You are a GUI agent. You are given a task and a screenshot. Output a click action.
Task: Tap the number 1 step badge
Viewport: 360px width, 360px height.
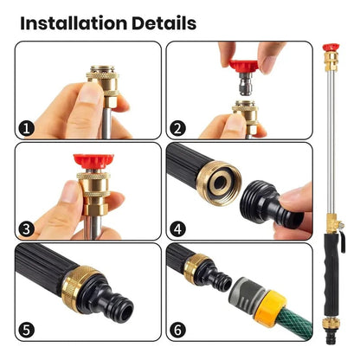point(28,128)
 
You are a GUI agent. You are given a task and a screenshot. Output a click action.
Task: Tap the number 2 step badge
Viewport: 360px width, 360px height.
point(178,128)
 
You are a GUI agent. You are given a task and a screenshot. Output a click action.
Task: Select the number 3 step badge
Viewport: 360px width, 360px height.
point(28,228)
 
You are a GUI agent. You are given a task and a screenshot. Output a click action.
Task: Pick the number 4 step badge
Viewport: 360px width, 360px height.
point(178,228)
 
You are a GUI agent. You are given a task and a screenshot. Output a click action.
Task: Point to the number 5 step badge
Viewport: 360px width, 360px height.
point(28,329)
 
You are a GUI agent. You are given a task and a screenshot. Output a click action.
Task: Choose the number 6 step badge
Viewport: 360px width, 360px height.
point(178,329)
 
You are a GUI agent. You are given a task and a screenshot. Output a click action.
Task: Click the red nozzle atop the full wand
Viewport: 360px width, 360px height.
point(330,48)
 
